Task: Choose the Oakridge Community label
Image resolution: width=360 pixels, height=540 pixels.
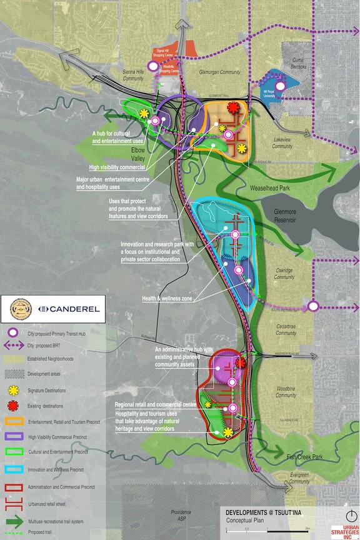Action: pyautogui.click(x=284, y=274)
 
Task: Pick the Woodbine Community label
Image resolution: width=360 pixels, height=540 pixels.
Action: pyautogui.click(x=286, y=392)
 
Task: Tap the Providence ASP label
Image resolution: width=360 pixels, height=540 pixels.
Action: pyautogui.click(x=181, y=516)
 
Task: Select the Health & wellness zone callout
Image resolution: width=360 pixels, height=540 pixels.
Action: pyautogui.click(x=167, y=299)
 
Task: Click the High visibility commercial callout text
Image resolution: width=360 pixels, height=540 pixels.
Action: pyautogui.click(x=117, y=167)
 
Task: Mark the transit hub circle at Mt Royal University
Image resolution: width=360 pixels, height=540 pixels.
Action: pyautogui.click(x=281, y=86)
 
